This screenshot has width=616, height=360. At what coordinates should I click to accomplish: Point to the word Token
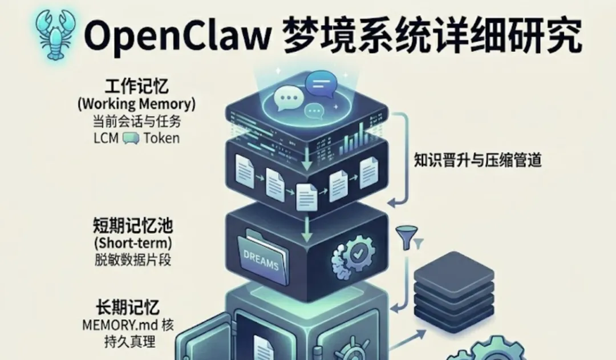point(161,138)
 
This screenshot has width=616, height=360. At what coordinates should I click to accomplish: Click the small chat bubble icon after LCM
point(131,138)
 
